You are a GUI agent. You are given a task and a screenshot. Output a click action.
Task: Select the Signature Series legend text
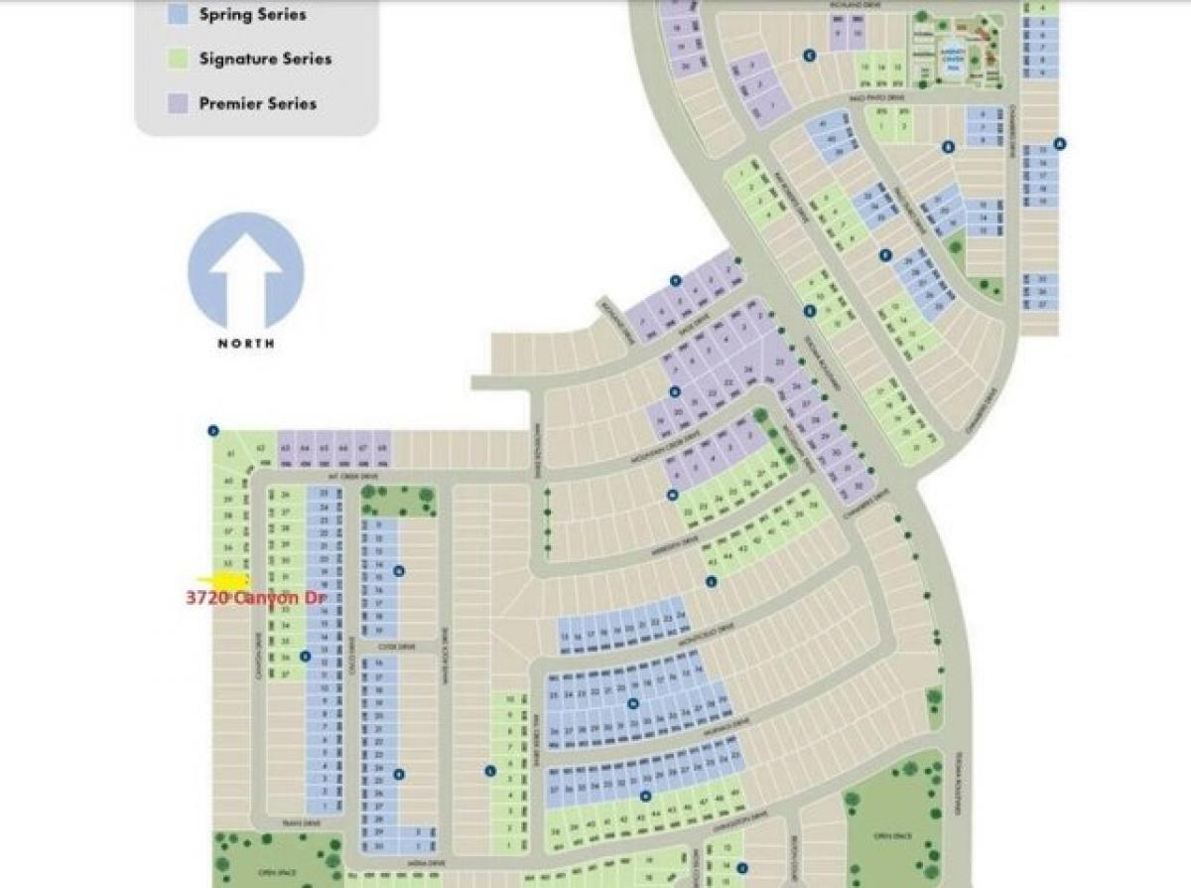coord(265,59)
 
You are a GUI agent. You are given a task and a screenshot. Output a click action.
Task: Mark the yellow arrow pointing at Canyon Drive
coord(223,579)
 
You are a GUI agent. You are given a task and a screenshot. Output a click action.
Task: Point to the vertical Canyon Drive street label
coord(257,655)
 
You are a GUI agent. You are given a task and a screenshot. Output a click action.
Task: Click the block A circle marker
coord(1060,143)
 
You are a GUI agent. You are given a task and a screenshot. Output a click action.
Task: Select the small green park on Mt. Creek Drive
coord(384,500)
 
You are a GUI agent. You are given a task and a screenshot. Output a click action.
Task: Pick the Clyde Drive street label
coord(386,647)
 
